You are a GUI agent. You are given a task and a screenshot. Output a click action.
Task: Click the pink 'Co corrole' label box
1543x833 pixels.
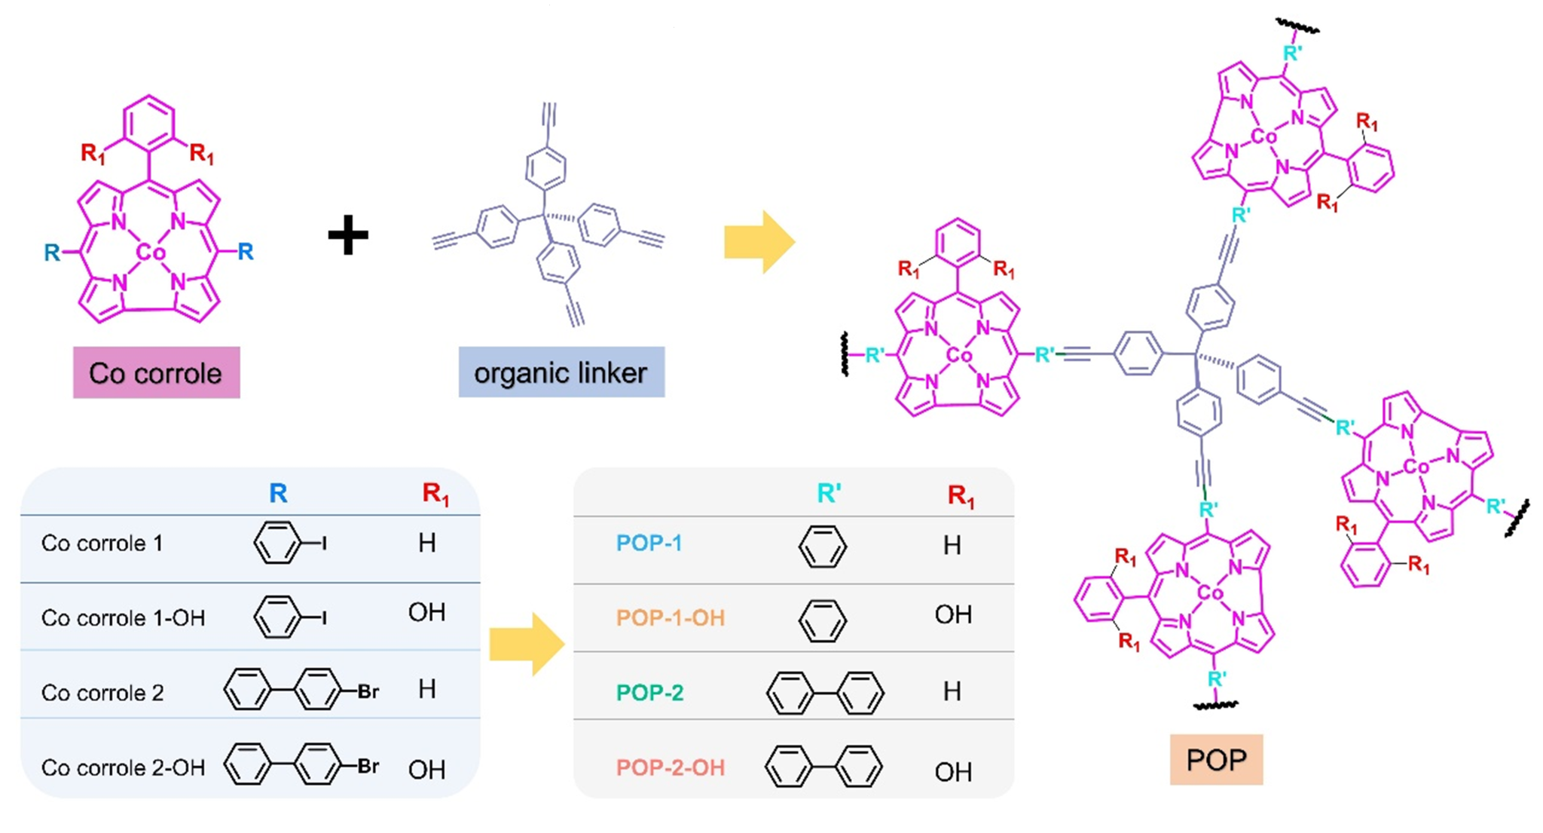pos(156,372)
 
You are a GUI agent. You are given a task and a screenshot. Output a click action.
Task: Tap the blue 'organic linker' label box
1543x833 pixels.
pos(561,372)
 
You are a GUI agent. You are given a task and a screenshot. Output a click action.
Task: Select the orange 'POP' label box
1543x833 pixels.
pos(1216,759)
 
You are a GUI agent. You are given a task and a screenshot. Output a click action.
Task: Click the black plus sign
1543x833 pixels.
pos(348,235)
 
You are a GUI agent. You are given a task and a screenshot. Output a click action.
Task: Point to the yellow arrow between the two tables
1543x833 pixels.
pos(526,644)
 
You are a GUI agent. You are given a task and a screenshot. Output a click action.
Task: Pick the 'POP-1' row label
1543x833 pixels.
pos(649,543)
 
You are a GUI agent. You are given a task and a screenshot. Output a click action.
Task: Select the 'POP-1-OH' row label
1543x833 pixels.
pos(670,618)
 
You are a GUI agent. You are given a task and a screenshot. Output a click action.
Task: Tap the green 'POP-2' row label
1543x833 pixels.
pos(649,692)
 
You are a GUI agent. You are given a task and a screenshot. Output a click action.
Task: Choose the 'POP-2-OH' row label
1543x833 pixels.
pos(670,767)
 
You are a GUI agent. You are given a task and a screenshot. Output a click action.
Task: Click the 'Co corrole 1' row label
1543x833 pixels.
pos(102,544)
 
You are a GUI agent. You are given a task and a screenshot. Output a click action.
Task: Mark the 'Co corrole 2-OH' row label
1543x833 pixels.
pos(123,767)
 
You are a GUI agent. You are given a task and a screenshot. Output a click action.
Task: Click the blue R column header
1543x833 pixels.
pos(278,493)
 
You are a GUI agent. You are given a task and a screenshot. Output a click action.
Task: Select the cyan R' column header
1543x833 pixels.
pos(829,493)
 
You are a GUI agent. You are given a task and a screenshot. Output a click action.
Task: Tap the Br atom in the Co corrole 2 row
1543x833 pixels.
pos(368,691)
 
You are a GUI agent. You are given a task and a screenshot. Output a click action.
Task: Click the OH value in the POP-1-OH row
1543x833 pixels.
pos(952,615)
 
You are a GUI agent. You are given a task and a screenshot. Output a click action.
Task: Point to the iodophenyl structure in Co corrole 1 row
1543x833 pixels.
pos(289,543)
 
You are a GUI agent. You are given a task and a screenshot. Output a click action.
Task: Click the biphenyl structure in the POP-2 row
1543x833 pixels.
pos(824,693)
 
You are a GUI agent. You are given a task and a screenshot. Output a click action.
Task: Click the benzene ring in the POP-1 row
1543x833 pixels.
pos(822,546)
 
